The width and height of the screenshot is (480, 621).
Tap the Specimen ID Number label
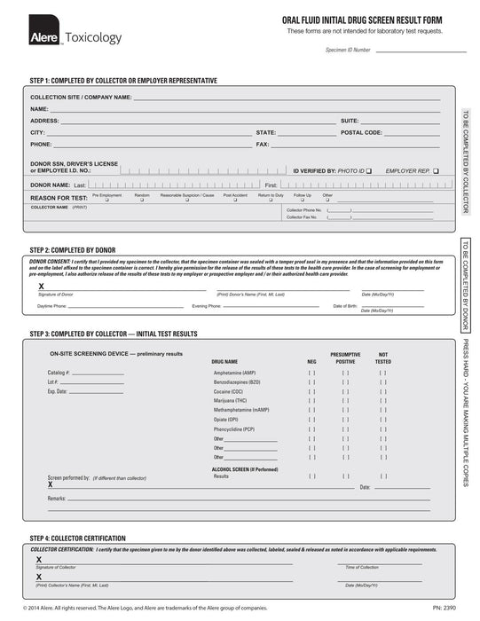(348, 51)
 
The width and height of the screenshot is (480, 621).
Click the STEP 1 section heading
(123, 81)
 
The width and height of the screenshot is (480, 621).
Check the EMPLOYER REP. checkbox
(437, 169)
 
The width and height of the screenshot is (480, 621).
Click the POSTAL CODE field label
(361, 131)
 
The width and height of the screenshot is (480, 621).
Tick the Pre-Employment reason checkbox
(107, 200)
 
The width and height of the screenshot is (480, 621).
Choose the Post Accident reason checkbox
(235, 200)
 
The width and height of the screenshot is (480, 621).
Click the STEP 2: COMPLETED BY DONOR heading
(73, 250)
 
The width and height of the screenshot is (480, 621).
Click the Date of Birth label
(345, 306)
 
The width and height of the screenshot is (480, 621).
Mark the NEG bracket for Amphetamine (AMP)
(311, 373)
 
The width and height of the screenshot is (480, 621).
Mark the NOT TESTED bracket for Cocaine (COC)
(383, 391)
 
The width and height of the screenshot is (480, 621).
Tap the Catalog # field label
(59, 373)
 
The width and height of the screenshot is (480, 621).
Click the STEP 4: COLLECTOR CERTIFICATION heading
(78, 538)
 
